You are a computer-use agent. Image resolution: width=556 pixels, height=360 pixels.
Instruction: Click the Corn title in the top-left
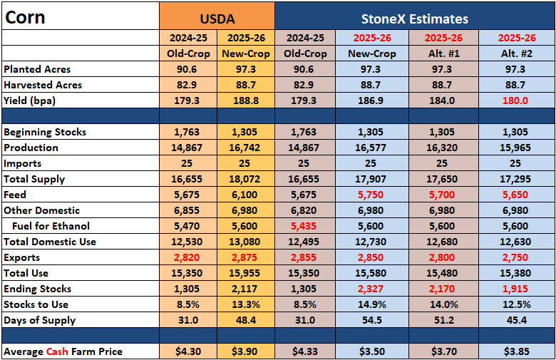coord(25,17)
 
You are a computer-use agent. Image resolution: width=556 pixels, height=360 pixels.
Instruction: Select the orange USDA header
coord(217,19)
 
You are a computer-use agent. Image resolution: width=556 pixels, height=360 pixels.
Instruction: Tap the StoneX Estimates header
coord(415,19)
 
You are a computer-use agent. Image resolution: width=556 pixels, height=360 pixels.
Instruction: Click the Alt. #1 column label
coord(443,53)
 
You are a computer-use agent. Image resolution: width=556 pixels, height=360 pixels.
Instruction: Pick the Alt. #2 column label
coord(517,53)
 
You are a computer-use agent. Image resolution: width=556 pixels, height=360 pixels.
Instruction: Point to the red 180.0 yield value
coord(515,101)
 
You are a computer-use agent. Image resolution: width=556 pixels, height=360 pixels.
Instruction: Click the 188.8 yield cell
coord(246,101)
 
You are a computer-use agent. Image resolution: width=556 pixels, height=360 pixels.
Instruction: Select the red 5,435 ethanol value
coord(304,226)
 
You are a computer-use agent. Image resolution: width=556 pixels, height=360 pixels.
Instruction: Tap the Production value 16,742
coord(244,148)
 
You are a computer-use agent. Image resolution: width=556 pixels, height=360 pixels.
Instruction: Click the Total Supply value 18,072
coord(244,179)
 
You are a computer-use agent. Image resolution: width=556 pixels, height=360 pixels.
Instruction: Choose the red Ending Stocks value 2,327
coord(371,289)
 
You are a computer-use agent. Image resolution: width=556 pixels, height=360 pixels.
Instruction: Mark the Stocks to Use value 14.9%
coord(371,304)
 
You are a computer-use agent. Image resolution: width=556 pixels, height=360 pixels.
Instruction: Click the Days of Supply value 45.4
coord(517,320)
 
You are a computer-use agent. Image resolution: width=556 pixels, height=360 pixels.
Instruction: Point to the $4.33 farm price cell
coord(305,352)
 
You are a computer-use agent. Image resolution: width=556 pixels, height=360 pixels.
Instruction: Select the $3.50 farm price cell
coord(372,352)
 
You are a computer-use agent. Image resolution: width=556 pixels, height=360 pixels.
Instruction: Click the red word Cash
coord(57,352)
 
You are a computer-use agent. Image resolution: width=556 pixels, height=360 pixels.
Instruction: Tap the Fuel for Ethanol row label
coord(51,226)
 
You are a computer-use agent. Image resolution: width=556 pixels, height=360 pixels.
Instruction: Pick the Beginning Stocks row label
coord(45,133)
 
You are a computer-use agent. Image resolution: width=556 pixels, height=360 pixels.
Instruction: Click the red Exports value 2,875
coord(244,258)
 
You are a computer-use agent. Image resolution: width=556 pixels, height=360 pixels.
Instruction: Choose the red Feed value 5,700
coord(442,195)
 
